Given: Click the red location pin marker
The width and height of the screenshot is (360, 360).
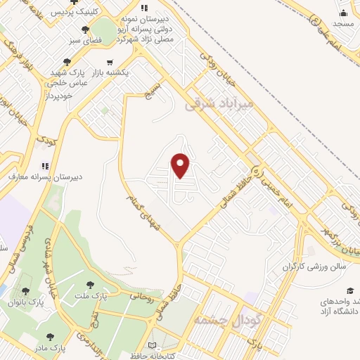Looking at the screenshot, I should (x=181, y=165).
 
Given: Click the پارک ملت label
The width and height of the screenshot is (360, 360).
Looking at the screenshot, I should (x=112, y=296).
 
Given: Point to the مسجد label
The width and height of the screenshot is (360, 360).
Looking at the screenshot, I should (x=343, y=24).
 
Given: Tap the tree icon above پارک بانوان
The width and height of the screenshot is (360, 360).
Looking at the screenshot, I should (x=26, y=290).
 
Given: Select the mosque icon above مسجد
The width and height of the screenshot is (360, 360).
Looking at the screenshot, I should (x=343, y=13).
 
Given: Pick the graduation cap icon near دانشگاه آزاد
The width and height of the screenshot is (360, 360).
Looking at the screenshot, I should (x=350, y=290).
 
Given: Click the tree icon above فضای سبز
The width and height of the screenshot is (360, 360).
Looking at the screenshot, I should (x=86, y=30).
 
